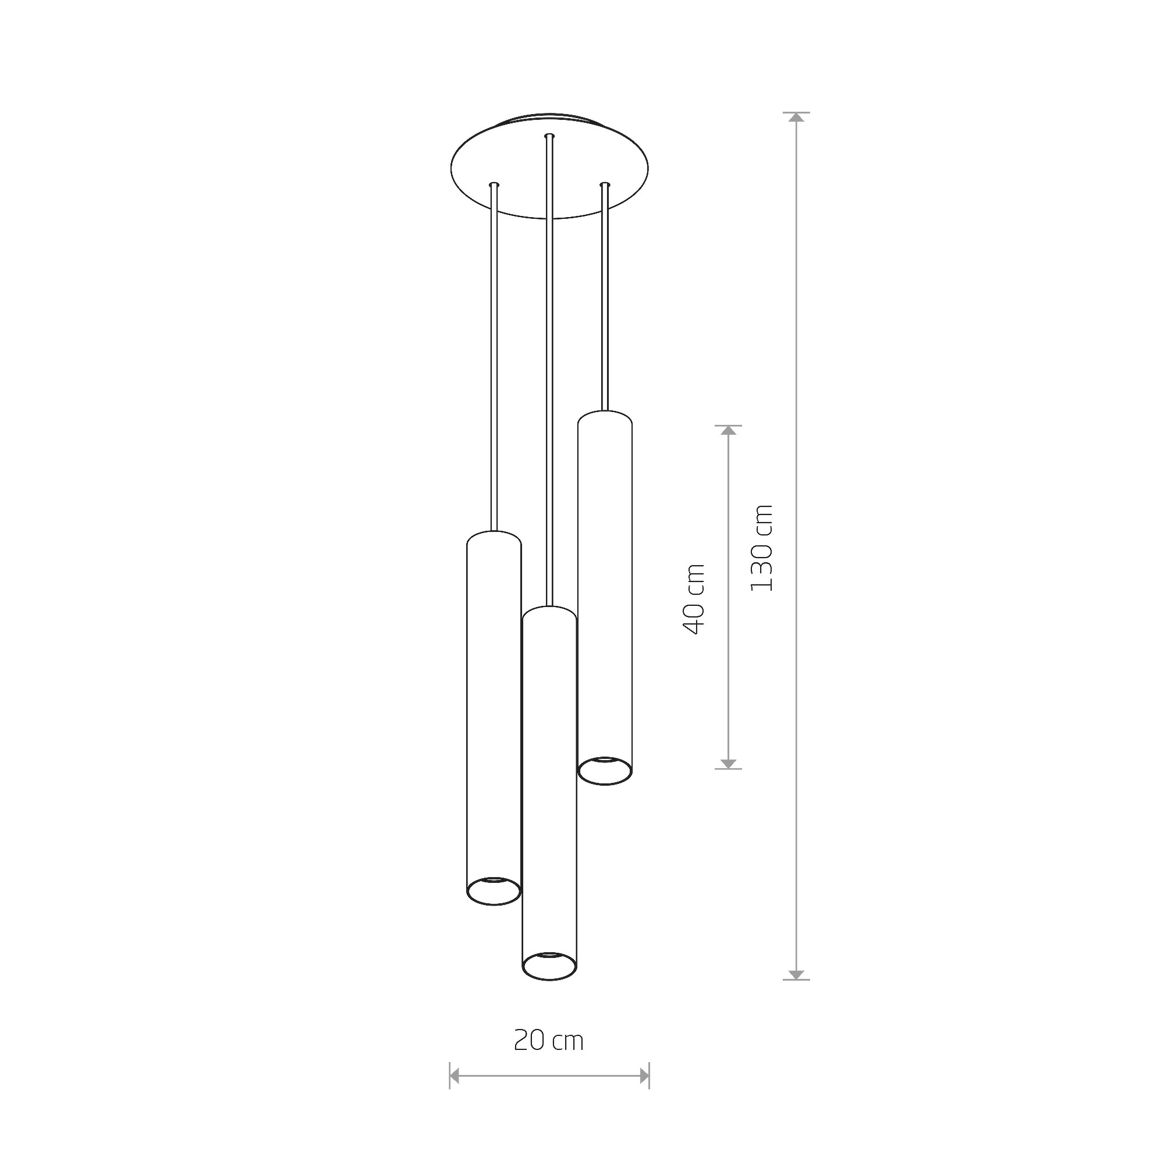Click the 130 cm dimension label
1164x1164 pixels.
click(x=761, y=548)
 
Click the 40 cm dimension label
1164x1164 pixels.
click(x=694, y=599)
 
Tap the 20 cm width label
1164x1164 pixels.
click(x=549, y=1041)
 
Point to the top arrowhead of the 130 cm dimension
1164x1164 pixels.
click(x=797, y=118)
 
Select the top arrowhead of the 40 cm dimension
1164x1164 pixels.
click(x=729, y=431)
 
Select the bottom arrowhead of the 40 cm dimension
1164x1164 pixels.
click(x=729, y=763)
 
